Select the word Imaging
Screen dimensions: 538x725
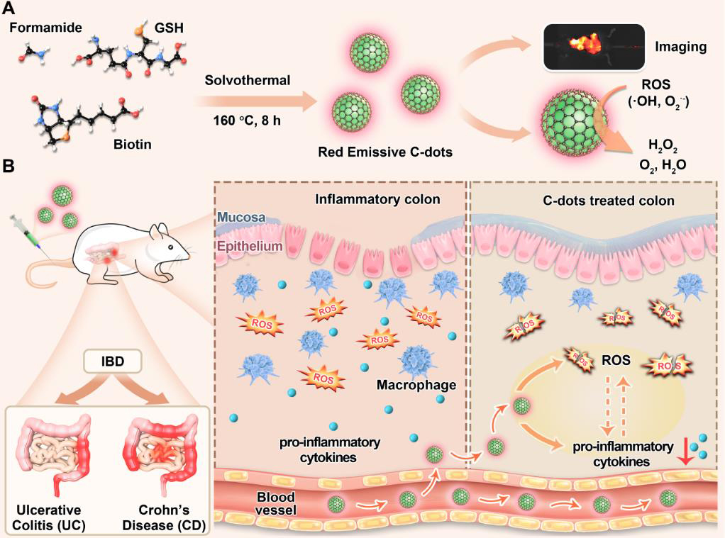680,47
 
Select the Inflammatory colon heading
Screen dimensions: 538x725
377,199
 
